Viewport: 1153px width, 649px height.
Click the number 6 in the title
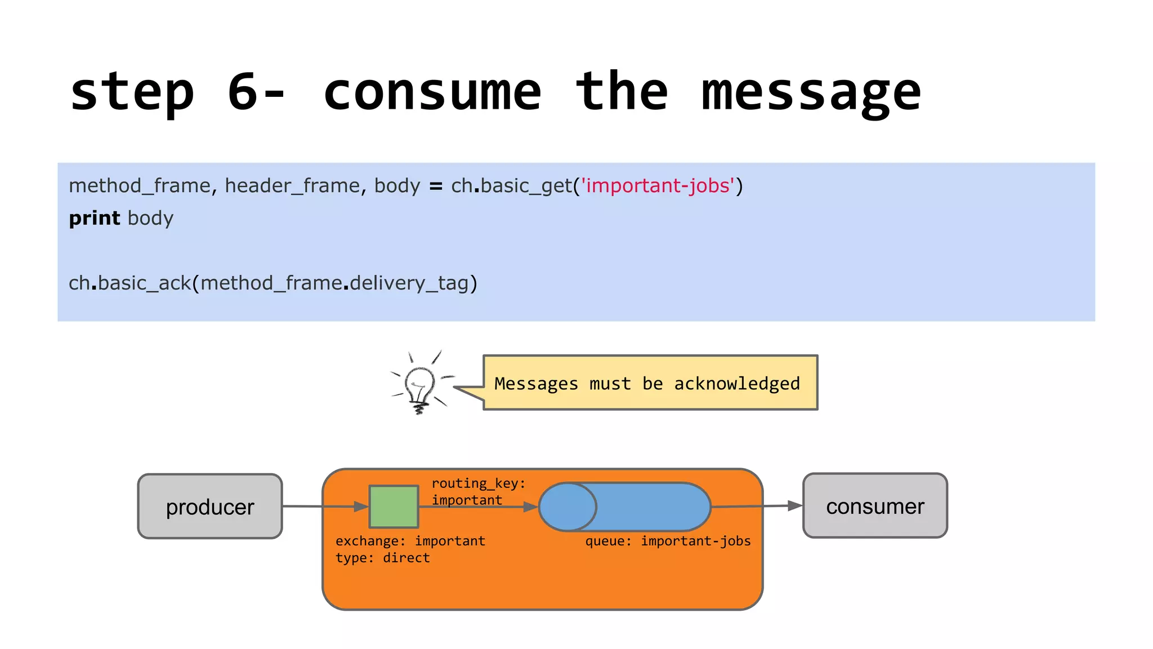pyautogui.click(x=243, y=92)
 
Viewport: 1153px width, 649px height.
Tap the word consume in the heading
pyautogui.click(x=432, y=92)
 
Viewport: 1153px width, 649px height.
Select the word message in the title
pyautogui.click(x=811, y=93)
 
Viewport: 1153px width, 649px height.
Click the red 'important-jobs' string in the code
pyautogui.click(x=658, y=185)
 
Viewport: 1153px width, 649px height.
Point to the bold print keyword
pyautogui.click(x=94, y=218)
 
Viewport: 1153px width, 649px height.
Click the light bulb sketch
pyautogui.click(x=420, y=383)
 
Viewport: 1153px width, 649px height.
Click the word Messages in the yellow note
pyautogui.click(x=536, y=384)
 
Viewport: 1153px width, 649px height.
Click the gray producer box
pyautogui.click(x=210, y=506)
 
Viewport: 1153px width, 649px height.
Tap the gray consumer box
pyautogui.click(x=875, y=506)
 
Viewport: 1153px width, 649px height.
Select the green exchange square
pyautogui.click(x=394, y=506)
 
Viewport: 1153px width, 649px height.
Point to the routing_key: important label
pyautogui.click(x=478, y=491)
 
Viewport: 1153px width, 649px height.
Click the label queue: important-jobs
pyautogui.click(x=668, y=541)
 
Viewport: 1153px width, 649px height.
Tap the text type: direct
pyautogui.click(x=383, y=558)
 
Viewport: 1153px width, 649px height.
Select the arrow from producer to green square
pyautogui.click(x=321, y=506)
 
